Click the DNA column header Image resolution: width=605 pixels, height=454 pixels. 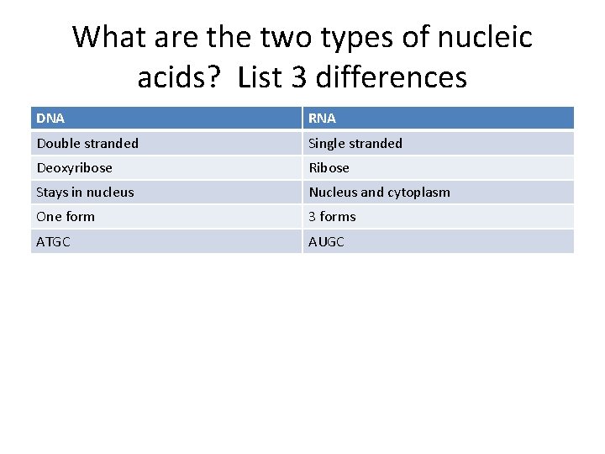pos(50,119)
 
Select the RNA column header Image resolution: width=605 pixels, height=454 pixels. pos(322,119)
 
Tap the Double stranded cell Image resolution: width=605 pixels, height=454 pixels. pos(87,143)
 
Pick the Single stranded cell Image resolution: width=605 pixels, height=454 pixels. pos(355,143)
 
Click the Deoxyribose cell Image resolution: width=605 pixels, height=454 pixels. pos(74,167)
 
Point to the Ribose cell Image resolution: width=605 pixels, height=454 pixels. pos(329,167)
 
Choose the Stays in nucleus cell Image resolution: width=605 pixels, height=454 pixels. pos(85,192)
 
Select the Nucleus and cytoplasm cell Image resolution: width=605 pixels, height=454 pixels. pos(379,192)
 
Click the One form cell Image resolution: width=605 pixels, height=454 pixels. pos(66,216)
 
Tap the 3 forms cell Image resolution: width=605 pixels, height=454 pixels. pos(332,216)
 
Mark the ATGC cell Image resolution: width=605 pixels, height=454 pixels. pos(54,241)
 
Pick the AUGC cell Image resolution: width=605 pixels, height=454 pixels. pos(326,241)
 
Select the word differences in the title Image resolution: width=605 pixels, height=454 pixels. pos(390,77)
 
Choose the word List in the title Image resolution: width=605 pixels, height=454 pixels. pos(260,77)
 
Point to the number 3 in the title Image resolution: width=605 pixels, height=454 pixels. pos(298,77)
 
